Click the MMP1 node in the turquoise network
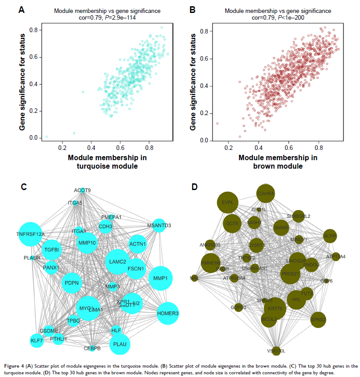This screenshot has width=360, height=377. (x=160, y=278)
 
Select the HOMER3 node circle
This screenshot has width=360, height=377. (x=168, y=313)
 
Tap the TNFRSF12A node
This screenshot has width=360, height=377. (x=31, y=233)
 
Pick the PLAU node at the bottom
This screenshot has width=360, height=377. (x=120, y=344)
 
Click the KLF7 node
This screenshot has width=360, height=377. (x=37, y=340)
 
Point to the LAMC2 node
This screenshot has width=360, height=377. (x=118, y=261)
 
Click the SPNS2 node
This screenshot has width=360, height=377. (x=319, y=319)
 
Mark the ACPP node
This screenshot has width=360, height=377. (x=330, y=236)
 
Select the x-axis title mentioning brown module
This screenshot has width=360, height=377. (x=277, y=162)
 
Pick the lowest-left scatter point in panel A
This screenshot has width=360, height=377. (x=46, y=137)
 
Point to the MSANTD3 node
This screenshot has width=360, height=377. (x=159, y=225)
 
